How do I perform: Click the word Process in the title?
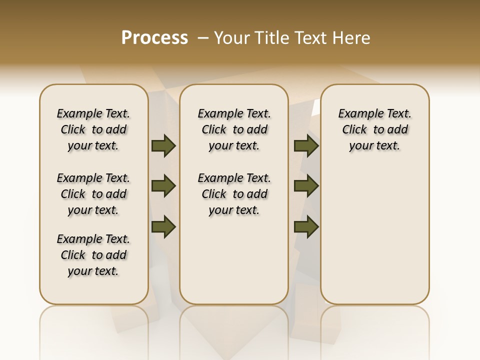pos(154,38)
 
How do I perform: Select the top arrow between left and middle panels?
pos(163,146)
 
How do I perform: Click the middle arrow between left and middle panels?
pos(163,186)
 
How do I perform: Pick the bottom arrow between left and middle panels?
pos(163,226)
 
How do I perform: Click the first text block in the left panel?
pos(93,129)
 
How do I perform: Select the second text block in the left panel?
pos(93,194)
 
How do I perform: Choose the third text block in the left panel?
pos(93,255)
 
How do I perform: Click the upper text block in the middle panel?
pos(234,129)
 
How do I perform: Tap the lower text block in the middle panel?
pos(234,194)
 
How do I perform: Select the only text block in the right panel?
pos(374,129)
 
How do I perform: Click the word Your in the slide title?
pos(232,38)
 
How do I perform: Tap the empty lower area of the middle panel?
pos(234,260)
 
